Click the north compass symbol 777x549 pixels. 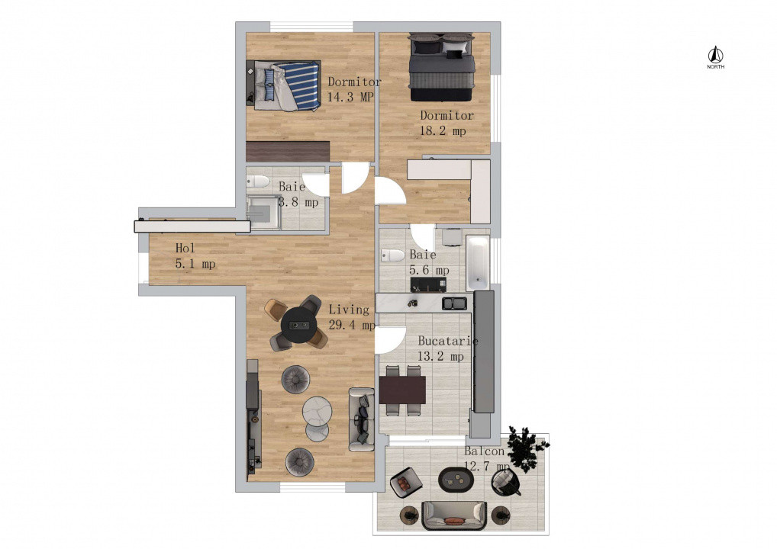tap(716, 56)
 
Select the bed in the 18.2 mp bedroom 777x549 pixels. tap(442, 68)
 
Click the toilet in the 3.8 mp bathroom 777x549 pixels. tap(257, 182)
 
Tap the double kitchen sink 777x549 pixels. tap(456, 303)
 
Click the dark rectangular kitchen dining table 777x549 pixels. tap(402, 390)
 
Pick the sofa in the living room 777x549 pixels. tap(362, 418)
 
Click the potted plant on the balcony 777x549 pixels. tap(525, 448)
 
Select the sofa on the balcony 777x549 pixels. tap(455, 515)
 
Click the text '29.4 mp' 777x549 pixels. tap(352, 326)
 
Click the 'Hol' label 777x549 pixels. tap(184, 248)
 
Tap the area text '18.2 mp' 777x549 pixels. tap(443, 131)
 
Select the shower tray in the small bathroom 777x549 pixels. tap(264, 213)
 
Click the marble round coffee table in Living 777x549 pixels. tap(317, 412)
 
